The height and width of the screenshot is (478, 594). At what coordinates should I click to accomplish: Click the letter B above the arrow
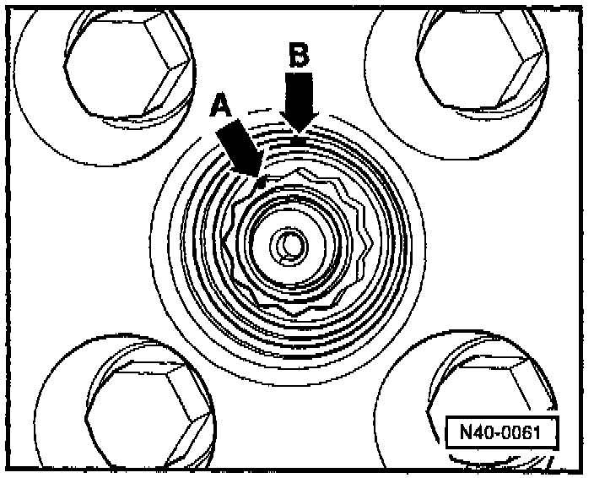point(299,56)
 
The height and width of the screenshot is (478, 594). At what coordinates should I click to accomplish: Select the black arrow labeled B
point(300,101)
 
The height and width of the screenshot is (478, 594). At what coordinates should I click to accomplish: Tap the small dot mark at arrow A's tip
point(262,181)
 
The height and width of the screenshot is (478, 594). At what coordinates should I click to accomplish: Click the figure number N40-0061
point(504,433)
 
